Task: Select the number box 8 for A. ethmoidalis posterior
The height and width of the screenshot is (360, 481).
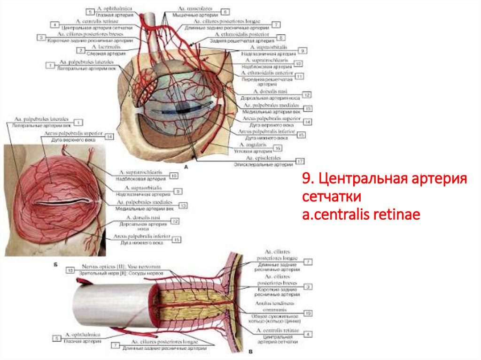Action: point(281,38)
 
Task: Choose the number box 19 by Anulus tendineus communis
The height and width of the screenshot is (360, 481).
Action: point(308,313)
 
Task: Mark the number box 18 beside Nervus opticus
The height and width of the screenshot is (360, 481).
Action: point(70,270)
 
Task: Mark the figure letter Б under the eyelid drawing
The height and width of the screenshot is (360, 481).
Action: point(56,265)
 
